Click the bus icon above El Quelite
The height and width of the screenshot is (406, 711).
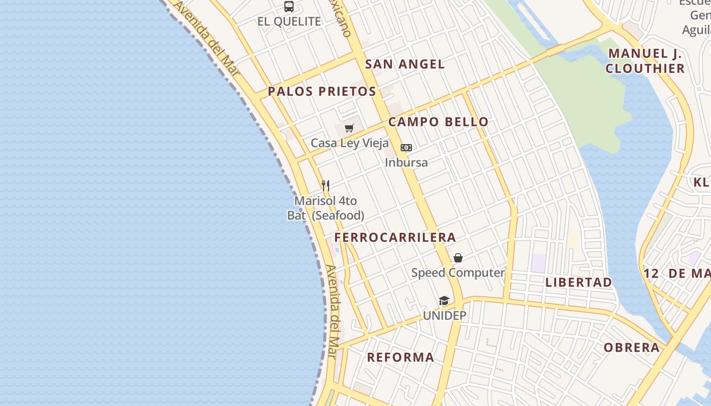pyautogui.click(x=289, y=7)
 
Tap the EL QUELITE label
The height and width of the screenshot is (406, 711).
pyautogui.click(x=289, y=21)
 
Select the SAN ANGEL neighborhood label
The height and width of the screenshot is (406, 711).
pyautogui.click(x=405, y=64)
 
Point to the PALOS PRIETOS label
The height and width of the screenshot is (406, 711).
pyautogui.click(x=322, y=91)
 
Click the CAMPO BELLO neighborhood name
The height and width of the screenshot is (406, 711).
pyautogui.click(x=438, y=122)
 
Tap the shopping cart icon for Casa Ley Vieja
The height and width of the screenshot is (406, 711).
pyautogui.click(x=349, y=128)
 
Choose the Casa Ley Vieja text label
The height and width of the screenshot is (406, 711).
pyautogui.click(x=349, y=143)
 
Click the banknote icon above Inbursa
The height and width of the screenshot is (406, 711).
pyautogui.click(x=406, y=148)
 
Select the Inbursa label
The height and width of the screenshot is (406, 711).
pyautogui.click(x=406, y=162)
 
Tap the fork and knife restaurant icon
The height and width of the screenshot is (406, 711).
pyautogui.click(x=326, y=186)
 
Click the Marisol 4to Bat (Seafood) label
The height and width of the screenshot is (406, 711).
pyautogui.click(x=326, y=208)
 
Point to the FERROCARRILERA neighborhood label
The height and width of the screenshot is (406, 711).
pyautogui.click(x=395, y=238)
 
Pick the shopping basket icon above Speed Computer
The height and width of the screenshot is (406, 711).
pyautogui.click(x=458, y=258)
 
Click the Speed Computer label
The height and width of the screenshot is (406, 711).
pyautogui.click(x=458, y=273)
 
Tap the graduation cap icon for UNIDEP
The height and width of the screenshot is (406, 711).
pyautogui.click(x=444, y=301)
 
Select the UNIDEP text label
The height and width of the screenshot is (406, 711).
pyautogui.click(x=444, y=316)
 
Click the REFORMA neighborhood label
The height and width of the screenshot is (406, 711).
pyautogui.click(x=401, y=357)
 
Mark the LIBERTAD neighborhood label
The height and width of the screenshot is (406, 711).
pyautogui.click(x=578, y=283)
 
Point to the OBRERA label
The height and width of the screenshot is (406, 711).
pyautogui.click(x=632, y=348)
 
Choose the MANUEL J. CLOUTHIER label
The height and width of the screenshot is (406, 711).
pyautogui.click(x=645, y=61)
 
